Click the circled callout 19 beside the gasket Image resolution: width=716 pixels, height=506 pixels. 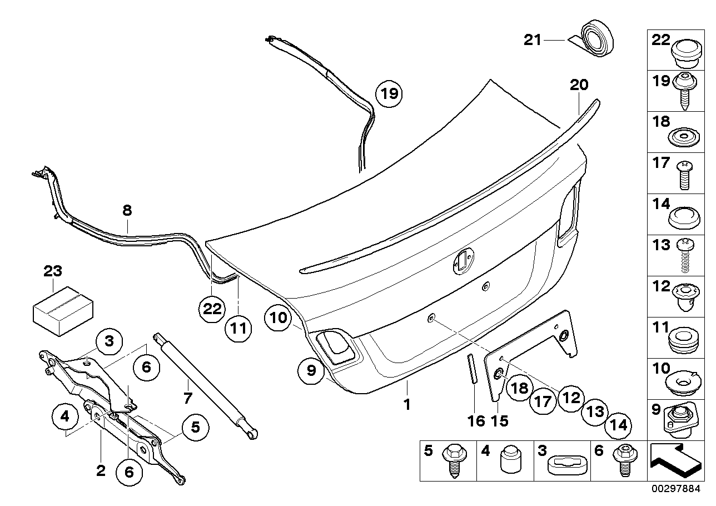point(390,93)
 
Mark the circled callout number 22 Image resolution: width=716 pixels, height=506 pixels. point(212,309)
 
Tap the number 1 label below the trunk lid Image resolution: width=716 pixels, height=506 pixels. point(407,404)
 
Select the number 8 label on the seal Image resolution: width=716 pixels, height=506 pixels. point(127,210)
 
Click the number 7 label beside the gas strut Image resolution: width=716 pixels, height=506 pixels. point(188,398)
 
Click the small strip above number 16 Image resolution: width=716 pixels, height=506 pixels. point(472,368)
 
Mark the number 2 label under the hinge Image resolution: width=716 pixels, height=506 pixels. point(101,471)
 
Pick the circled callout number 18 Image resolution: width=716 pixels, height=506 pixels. point(519,388)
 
